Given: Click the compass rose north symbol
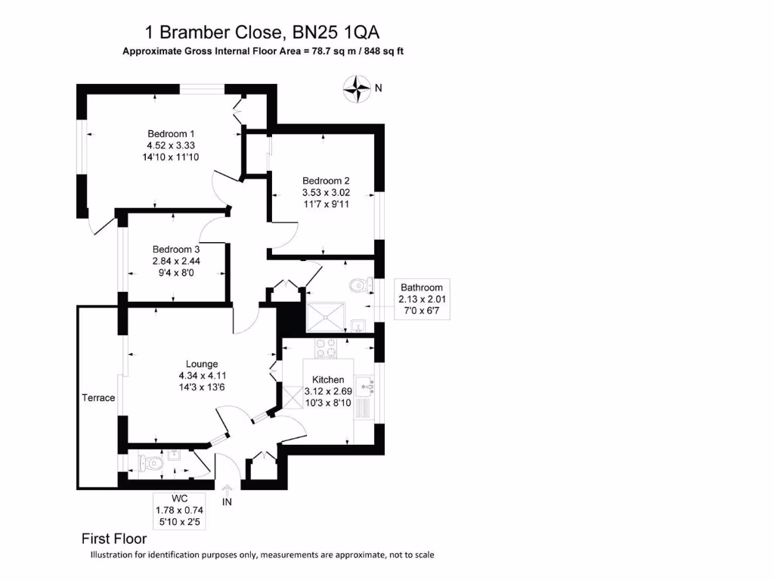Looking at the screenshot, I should pyautogui.click(x=355, y=89).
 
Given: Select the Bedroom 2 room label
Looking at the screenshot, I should pyautogui.click(x=326, y=181).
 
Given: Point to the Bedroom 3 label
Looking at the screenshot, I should pyautogui.click(x=176, y=250).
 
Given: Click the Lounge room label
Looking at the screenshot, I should pyautogui.click(x=202, y=364).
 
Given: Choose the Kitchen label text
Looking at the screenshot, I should pyautogui.click(x=328, y=380).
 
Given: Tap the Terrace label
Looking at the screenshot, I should pyautogui.click(x=98, y=398).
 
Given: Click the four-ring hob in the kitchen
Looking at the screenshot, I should pyautogui.click(x=326, y=349).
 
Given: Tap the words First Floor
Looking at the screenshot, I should pyautogui.click(x=113, y=539).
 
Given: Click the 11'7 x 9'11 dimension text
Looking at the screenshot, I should pyautogui.click(x=326, y=204).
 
